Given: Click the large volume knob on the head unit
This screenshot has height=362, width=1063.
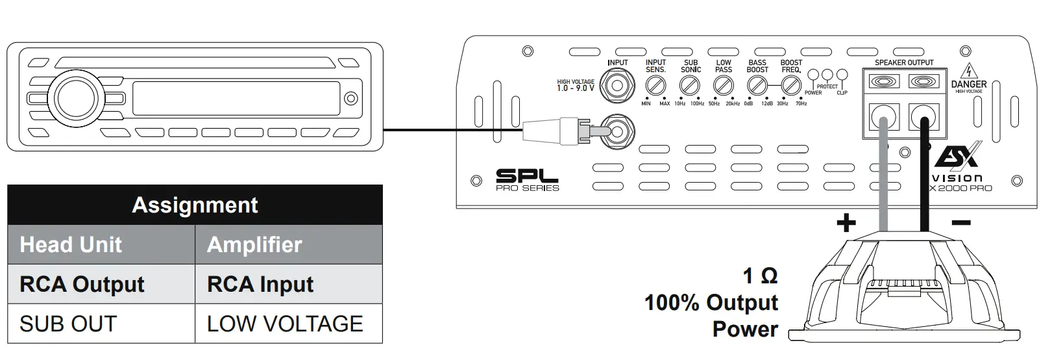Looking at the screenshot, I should [76, 97].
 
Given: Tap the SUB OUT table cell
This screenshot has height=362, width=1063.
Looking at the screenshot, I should [68, 324].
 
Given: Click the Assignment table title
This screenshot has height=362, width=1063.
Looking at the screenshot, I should [195, 205].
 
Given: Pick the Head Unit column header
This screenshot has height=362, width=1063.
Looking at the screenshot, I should [71, 245].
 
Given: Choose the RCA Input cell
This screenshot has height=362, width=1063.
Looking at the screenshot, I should [260, 285].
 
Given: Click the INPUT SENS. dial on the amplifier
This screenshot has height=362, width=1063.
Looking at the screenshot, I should [655, 85].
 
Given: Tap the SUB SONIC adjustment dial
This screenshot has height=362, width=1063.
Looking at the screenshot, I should [689, 85].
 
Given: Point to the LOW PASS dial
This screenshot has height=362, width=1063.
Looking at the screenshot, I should [723, 85].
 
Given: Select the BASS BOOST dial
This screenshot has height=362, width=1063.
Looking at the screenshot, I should [757, 85].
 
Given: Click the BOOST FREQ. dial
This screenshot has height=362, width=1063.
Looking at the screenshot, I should [790, 85].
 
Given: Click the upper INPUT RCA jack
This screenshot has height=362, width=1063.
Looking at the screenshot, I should [617, 84].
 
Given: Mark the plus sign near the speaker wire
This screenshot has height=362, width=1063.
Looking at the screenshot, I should [846, 224].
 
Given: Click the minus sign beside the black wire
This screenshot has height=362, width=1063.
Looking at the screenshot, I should [960, 224].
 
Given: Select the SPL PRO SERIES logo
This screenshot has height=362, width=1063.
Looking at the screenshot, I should [527, 180].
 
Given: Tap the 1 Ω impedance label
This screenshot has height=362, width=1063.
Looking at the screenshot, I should [760, 276].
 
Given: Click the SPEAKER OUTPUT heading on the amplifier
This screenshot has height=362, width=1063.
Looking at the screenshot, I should [904, 62].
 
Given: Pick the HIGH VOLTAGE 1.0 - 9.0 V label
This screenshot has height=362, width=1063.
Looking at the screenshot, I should [575, 85].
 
